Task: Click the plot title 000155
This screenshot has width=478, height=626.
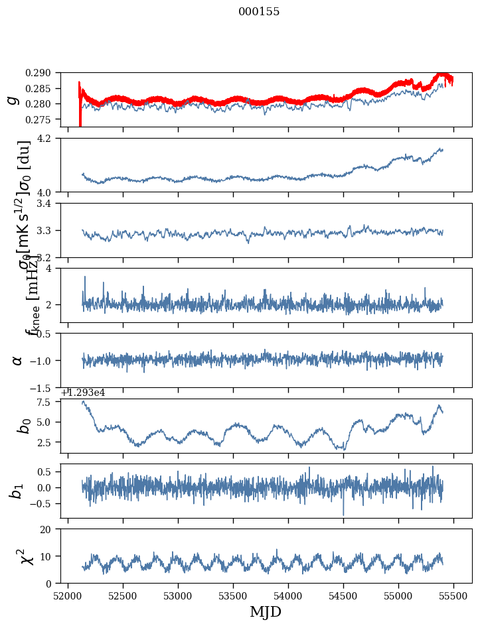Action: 259,12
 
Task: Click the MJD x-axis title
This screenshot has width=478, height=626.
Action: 266,612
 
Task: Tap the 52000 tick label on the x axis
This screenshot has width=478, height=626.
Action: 68,594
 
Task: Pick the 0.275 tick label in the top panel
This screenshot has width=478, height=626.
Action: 45,119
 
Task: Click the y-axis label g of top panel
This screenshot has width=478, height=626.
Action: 12,99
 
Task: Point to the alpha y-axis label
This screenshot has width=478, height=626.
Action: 17,360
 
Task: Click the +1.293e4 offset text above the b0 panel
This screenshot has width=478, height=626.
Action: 82,393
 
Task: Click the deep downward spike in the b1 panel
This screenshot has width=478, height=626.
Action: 343,513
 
